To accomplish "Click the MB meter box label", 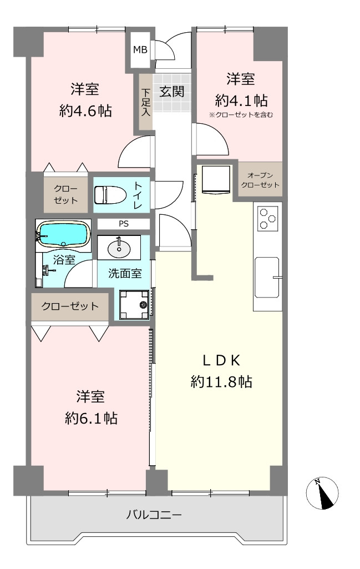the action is [140, 49].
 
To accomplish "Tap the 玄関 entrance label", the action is [172, 92].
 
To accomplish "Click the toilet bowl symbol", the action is [110, 194].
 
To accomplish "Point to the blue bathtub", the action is [63, 235].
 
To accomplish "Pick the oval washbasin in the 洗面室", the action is [119, 248].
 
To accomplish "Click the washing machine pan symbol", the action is [134, 304].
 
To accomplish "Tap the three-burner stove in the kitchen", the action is [268, 219].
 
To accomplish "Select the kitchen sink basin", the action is [267, 277].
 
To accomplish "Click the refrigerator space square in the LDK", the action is [216, 180].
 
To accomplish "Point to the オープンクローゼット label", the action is [260, 180].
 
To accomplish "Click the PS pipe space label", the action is [124, 224].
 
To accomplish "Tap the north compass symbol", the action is [322, 493].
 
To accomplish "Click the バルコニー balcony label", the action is [154, 515].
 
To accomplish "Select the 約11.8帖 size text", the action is [221, 382].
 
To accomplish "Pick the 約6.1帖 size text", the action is [91, 419].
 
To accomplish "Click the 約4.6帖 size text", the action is [85, 110].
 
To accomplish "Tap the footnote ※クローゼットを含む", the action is [241, 115].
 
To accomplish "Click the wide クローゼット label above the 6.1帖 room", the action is [69, 306].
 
